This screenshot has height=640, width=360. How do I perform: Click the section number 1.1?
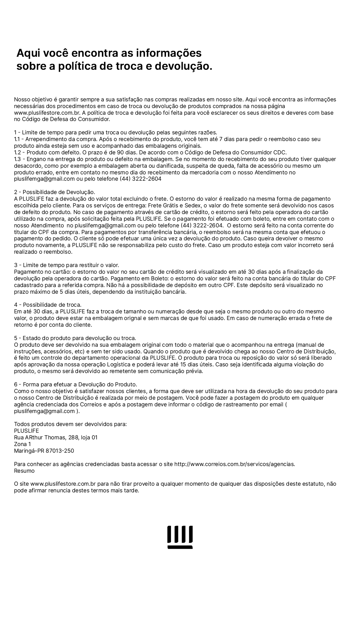point(17,139)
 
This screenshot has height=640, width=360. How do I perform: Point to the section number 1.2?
point(17,152)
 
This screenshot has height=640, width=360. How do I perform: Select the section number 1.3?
point(17,159)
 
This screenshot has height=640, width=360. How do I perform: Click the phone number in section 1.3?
point(140,179)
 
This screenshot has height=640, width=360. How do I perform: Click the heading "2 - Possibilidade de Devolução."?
point(54,192)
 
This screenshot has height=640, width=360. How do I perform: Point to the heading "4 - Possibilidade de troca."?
point(48,305)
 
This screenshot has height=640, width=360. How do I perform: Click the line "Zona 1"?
point(22,444)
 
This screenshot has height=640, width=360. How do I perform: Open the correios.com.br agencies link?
point(234,464)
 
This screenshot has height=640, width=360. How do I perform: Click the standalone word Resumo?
point(24,471)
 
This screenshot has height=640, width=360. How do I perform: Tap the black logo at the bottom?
point(180,537)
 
